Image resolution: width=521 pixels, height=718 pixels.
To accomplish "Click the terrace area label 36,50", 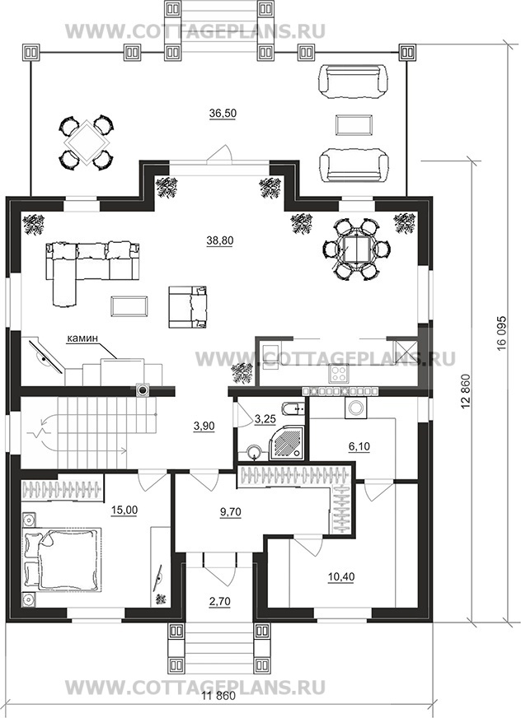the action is coord(223,114).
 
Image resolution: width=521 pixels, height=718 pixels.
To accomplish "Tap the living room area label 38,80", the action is coord(219,240).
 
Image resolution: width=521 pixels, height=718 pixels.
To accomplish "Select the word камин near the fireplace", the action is coord(82,338).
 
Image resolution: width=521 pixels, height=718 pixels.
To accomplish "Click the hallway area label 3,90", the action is coord(204,426).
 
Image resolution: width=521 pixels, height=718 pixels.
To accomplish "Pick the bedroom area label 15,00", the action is coord(124,510).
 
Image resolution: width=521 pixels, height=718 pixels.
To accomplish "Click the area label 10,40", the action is coord(341,576).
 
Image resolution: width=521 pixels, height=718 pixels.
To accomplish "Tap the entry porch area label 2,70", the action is coord(219,602).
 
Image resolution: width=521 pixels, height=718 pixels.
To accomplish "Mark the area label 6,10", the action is coord(359,446).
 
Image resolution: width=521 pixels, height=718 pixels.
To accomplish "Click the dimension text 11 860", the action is coord(218,709).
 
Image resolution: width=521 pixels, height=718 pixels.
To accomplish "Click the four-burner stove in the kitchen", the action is coord(339,373).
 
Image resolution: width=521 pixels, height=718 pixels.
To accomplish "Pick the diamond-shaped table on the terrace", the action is coord(86,142).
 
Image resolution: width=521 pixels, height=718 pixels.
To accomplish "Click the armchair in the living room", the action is coord(188,307).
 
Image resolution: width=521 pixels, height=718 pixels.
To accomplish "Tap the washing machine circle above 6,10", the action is coord(355,408).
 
